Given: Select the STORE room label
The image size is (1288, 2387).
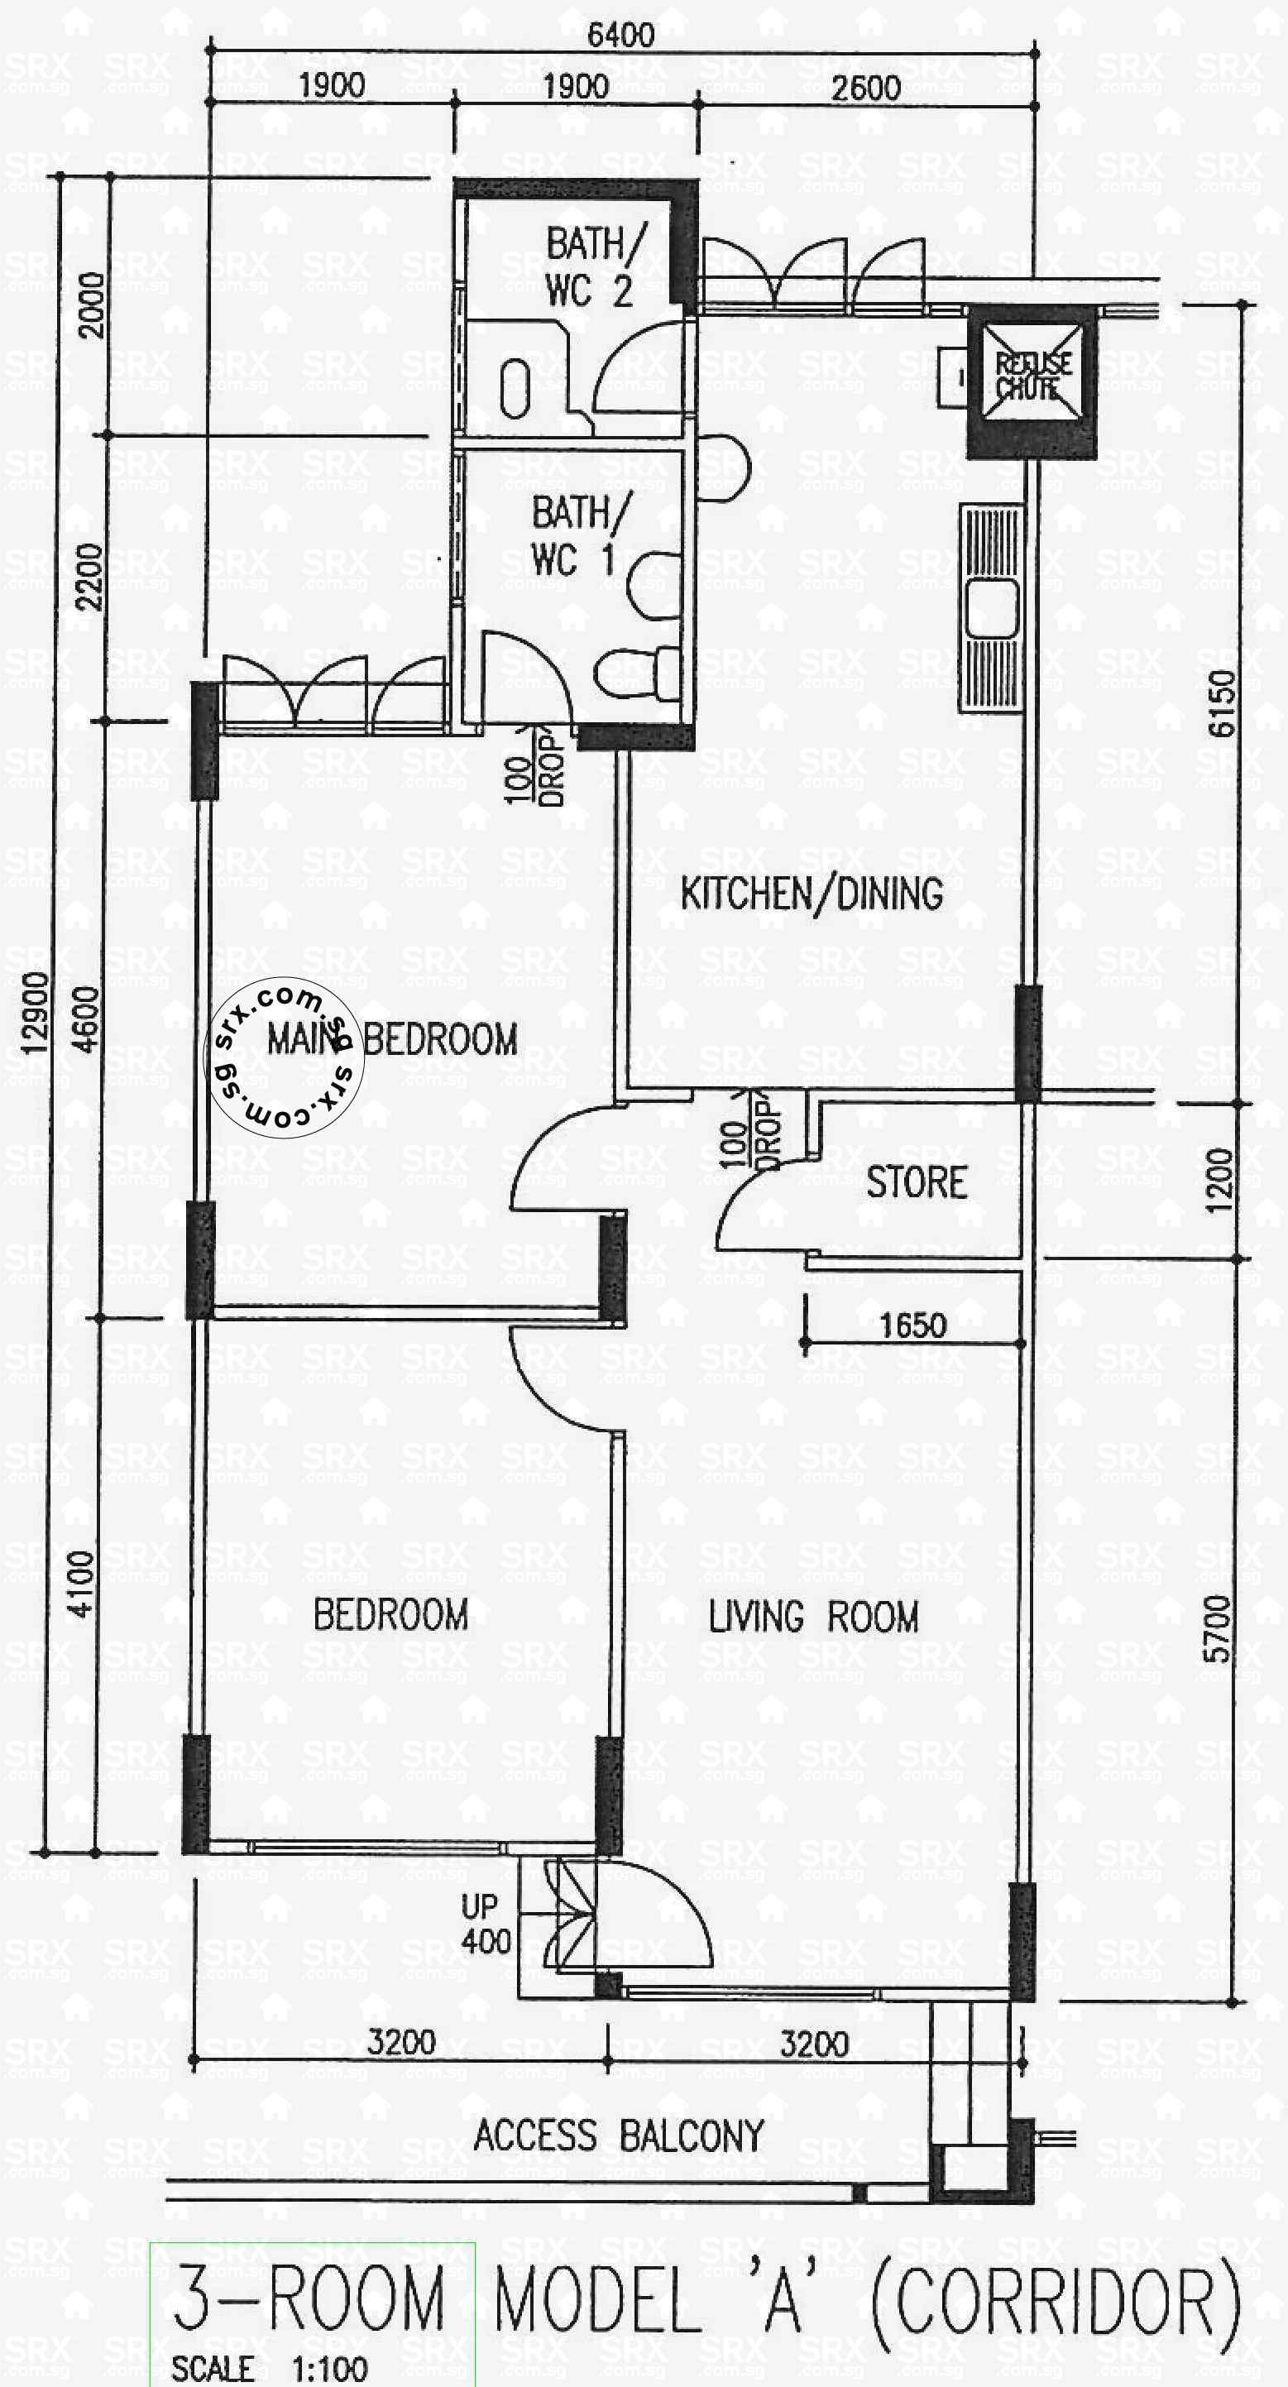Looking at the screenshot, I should (x=917, y=1182).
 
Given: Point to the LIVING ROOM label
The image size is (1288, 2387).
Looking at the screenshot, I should (x=812, y=1618).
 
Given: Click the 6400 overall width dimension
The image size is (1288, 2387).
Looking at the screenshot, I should (x=620, y=36).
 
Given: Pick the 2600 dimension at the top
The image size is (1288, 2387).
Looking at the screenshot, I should (x=865, y=88).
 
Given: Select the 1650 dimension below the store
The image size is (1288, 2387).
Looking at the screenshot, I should (x=912, y=1326).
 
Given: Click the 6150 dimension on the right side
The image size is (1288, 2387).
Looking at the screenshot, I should (x=1222, y=703).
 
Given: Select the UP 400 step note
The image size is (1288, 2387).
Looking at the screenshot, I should (x=486, y=1924).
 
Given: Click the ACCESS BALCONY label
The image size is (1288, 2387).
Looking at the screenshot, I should (x=618, y=2135).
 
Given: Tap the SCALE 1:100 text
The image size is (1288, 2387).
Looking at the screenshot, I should (x=270, y=2369).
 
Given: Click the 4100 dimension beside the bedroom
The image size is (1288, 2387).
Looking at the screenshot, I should (x=83, y=1584).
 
